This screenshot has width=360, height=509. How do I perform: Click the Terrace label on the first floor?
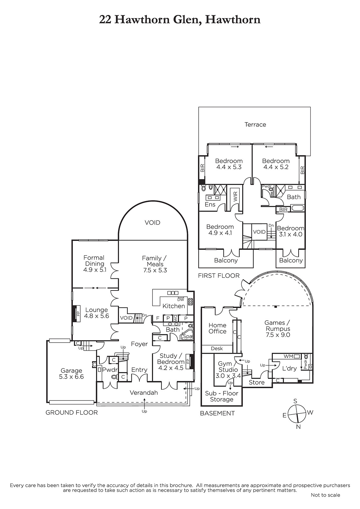point(255,124)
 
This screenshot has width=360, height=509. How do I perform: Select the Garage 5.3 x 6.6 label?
point(71,373)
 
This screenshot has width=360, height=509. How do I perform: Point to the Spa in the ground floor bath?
point(188,336)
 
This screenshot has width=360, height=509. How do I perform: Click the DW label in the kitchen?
point(180,300)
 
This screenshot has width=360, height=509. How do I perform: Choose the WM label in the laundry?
point(288,356)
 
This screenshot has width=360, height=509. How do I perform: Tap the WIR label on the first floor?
point(235,196)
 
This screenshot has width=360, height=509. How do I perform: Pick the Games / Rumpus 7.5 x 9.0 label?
point(278,329)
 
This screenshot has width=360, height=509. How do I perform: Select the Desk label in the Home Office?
point(217,348)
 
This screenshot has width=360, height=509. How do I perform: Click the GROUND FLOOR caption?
point(72,412)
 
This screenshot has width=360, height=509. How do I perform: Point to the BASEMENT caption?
point(217,413)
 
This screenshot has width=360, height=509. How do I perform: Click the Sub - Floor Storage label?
point(222,396)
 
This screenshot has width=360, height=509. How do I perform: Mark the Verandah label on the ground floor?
point(144,393)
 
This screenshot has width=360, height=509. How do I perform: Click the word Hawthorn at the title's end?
point(233,20)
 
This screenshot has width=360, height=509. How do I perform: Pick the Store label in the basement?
point(257,382)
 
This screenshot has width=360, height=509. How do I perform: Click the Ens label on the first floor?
point(210,204)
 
